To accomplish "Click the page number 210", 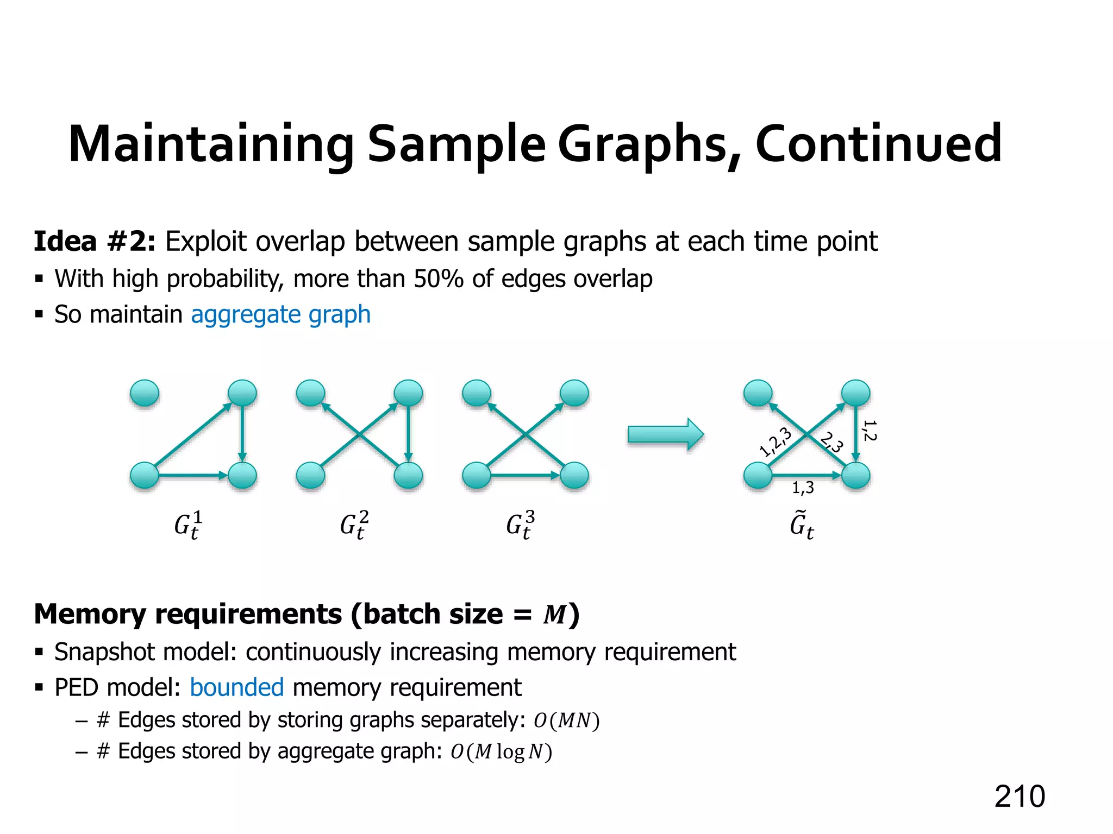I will coord(1019,797).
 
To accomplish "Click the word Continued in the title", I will coord(878,144).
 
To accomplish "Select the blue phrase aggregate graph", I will coord(280,314).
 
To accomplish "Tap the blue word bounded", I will coord(236,687).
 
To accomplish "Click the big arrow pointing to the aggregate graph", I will coord(665,434).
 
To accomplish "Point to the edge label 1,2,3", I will coord(775,442).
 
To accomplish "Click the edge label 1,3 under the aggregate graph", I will coord(803,488).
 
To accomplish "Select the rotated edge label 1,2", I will coord(870,430).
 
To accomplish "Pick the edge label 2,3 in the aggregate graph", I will coord(832,442).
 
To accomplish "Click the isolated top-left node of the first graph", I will coord(145,393).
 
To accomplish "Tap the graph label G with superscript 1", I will coord(188,526).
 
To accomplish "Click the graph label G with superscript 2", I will coord(354,526).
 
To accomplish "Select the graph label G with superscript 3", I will coord(520,526).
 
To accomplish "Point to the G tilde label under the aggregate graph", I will coord(802,526).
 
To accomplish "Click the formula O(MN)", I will coord(566,721).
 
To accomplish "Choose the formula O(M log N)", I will coord(501,752).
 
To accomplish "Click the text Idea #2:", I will coord(95,241).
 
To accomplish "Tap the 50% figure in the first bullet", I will coord(438,279).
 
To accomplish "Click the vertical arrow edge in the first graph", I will coord(242,434).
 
